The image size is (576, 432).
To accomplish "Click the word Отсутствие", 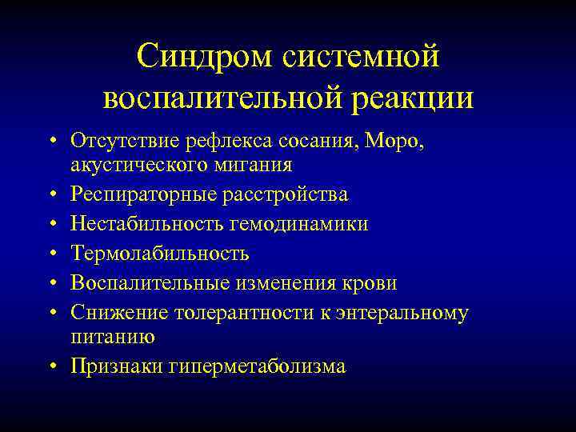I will pyautogui.click(x=118, y=142).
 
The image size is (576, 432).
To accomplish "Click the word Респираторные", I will pyautogui.click(x=137, y=195).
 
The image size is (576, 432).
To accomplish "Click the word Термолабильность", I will pyautogui.click(x=160, y=254).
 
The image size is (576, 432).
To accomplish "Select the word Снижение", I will pyautogui.click(x=114, y=314).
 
